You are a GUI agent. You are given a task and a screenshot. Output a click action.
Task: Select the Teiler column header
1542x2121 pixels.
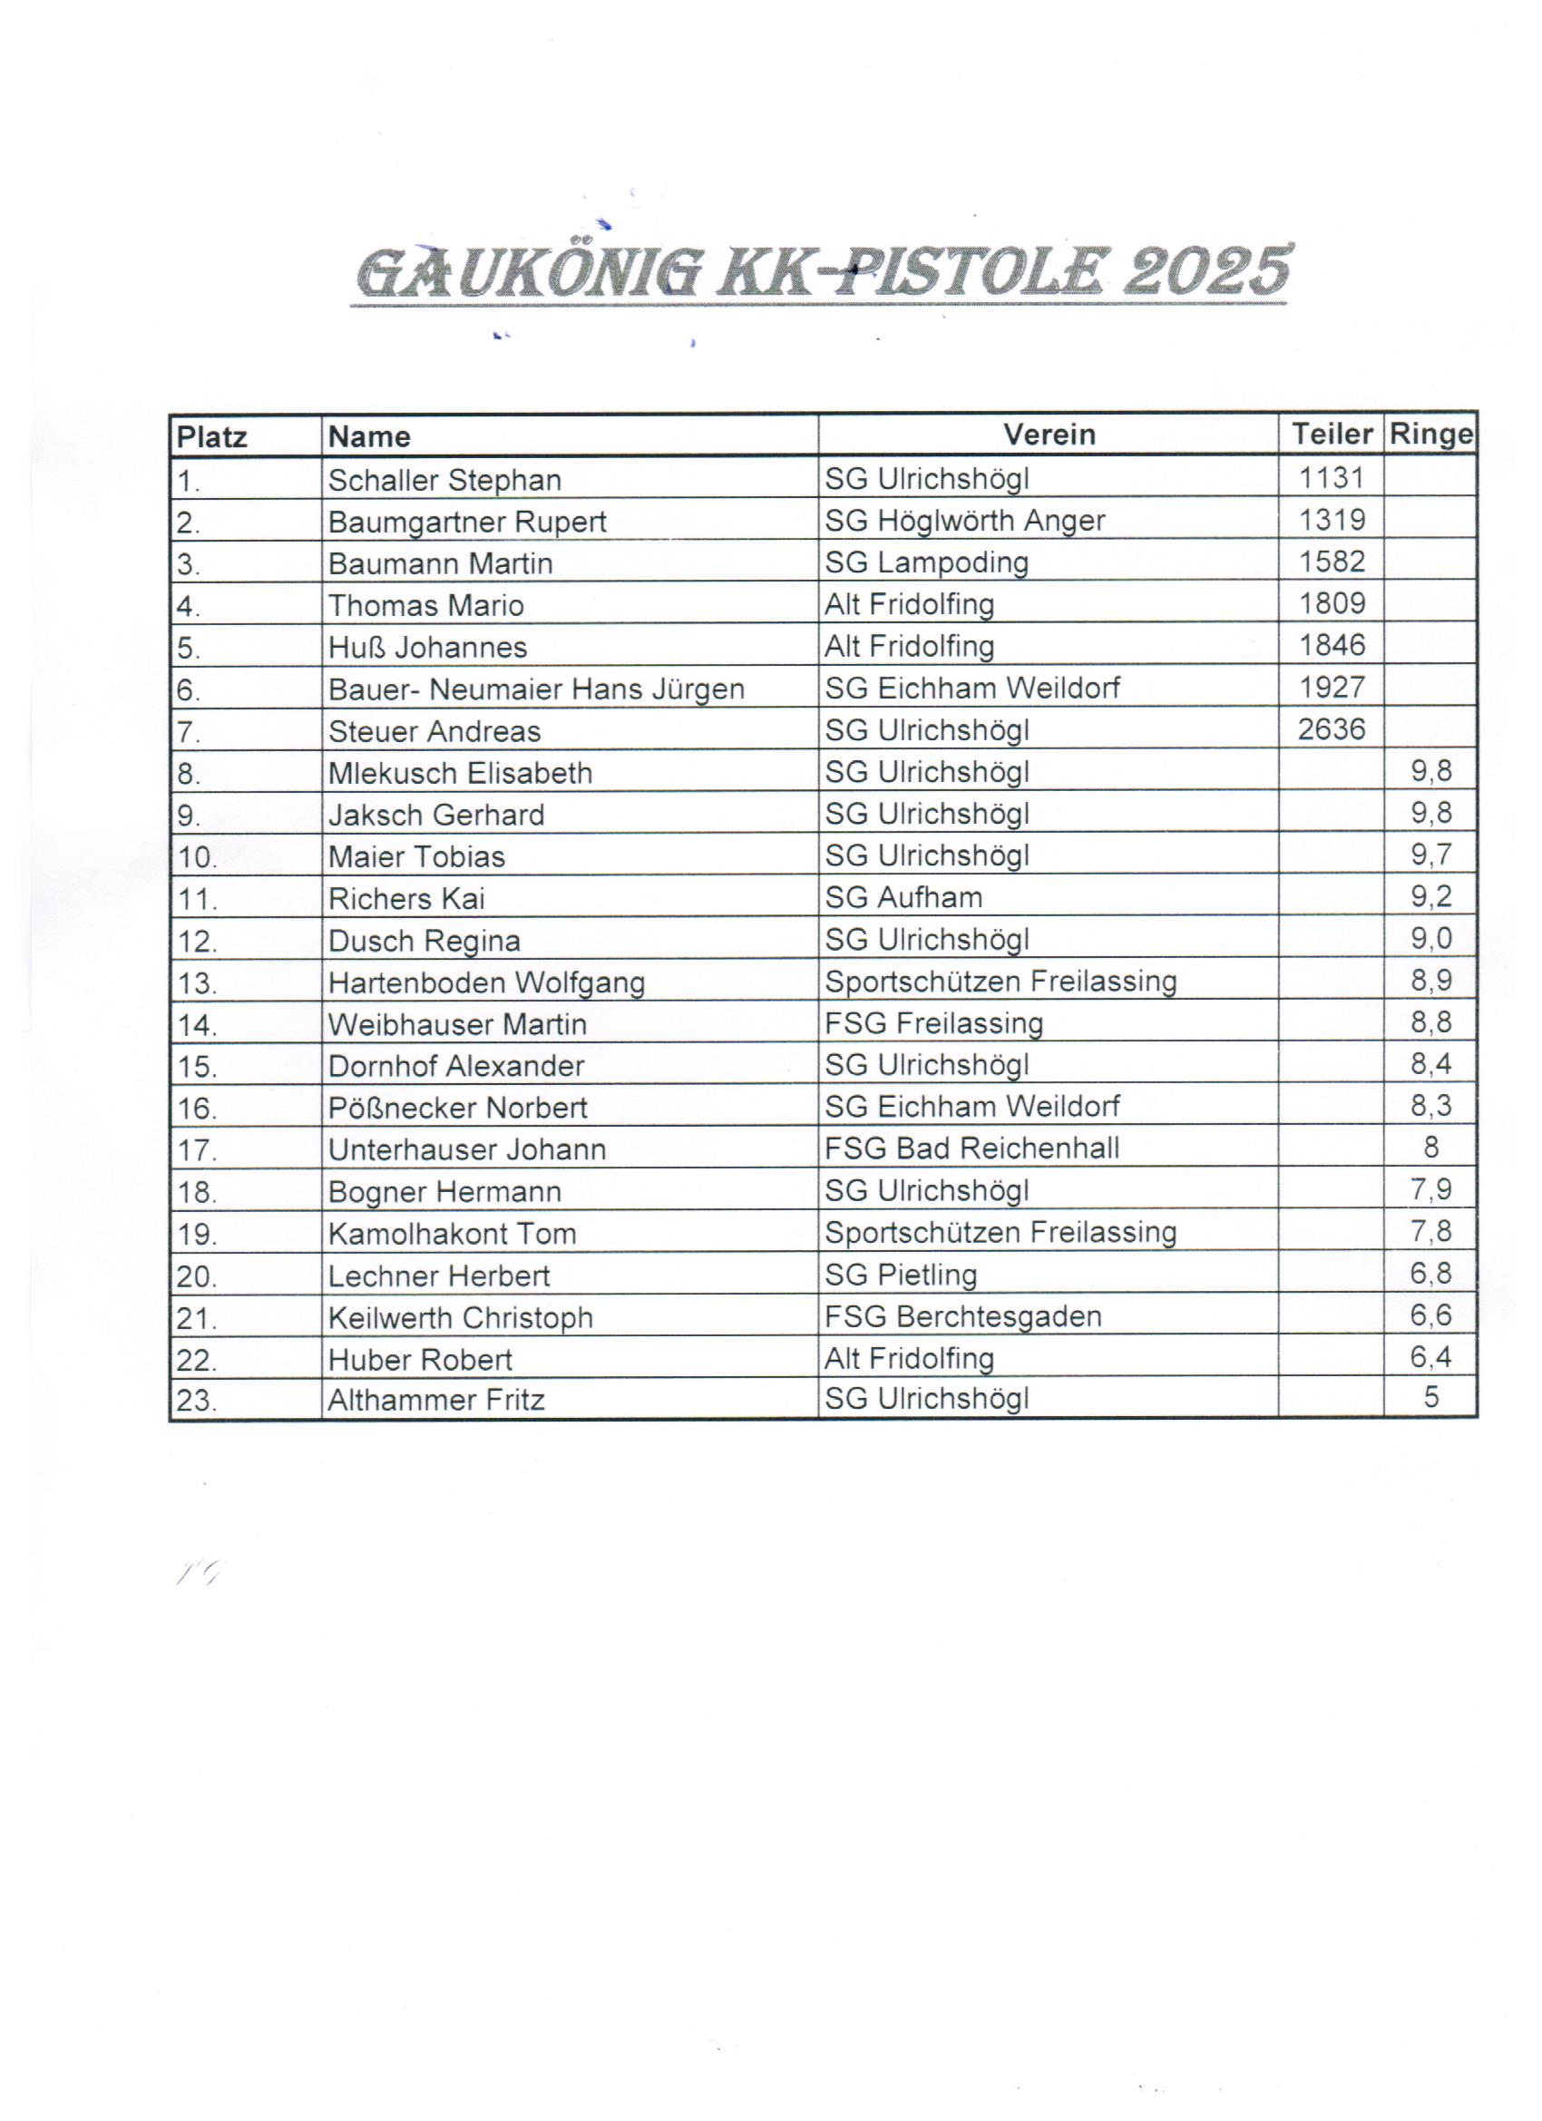(x=1331, y=434)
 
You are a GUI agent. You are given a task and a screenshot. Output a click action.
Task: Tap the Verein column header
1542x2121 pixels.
(x=1049, y=434)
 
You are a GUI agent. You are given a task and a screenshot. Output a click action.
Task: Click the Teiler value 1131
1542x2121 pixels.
(x=1331, y=478)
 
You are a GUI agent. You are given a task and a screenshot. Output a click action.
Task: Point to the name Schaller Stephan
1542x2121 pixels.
(x=444, y=480)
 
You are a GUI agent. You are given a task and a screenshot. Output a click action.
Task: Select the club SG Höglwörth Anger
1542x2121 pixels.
(x=963, y=520)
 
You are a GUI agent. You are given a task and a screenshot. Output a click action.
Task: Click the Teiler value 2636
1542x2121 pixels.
(x=1331, y=728)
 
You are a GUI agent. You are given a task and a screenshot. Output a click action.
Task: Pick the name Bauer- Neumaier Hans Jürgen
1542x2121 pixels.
(x=536, y=689)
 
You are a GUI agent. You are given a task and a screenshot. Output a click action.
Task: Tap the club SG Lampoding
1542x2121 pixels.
(x=926, y=562)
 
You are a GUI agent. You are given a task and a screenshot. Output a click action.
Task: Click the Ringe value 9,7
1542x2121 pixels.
(x=1430, y=854)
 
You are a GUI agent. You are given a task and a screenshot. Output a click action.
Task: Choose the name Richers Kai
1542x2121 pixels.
(x=405, y=899)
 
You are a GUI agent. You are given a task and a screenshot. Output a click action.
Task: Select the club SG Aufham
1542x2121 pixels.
(x=903, y=897)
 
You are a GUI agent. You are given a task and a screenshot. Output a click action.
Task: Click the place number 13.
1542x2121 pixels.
(x=196, y=983)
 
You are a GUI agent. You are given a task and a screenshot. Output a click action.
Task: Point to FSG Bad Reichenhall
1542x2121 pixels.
(x=971, y=1148)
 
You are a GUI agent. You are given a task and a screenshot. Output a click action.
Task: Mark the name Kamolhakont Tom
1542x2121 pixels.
(x=452, y=1234)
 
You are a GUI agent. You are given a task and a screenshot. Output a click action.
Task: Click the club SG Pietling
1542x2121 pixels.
(x=900, y=1274)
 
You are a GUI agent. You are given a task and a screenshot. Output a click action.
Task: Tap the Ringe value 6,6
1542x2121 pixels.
(x=1430, y=1315)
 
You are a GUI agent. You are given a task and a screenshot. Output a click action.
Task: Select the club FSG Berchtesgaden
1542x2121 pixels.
(x=962, y=1315)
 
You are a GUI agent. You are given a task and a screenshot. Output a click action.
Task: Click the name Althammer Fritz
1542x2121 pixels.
(x=435, y=1400)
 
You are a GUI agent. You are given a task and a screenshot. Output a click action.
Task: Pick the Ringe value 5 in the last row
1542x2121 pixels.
(x=1430, y=1397)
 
